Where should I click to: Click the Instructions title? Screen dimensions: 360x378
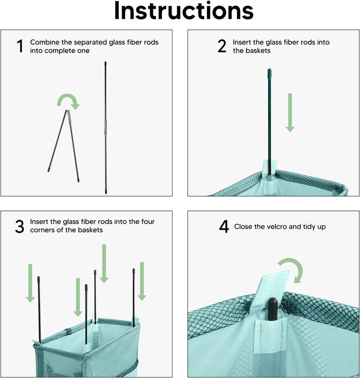point(183,11)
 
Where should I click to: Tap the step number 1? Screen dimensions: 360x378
point(20,46)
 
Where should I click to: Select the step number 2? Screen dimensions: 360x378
point(222,46)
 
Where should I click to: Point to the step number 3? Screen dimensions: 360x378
point(19,227)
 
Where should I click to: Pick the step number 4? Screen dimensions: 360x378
point(224,227)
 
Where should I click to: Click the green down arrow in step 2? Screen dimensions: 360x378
point(290,113)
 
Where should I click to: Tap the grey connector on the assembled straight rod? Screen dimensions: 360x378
point(105,127)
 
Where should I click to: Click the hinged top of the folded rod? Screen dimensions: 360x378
point(68,112)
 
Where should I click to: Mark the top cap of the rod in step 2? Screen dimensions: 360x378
point(269,72)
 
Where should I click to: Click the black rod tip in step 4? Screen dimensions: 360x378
point(272,309)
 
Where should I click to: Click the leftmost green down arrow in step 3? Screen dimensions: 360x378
point(30,283)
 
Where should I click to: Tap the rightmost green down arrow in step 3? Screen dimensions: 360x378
point(142,281)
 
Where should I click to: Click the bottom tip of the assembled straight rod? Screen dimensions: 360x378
point(105,192)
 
